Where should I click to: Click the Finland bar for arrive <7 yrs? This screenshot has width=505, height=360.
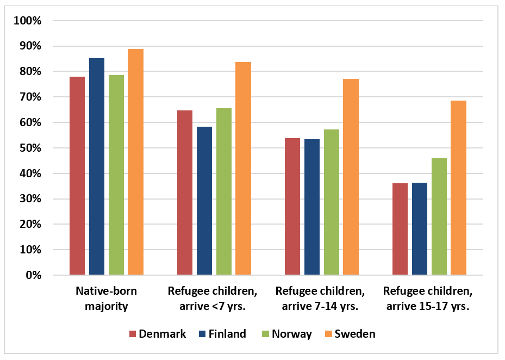point(204,201)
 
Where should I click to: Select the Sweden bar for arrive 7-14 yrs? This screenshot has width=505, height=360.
point(351,177)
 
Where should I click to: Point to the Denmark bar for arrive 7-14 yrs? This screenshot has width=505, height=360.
point(292,207)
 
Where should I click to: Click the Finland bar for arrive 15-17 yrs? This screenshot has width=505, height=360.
point(420,229)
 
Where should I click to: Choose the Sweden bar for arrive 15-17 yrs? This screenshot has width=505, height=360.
point(458,188)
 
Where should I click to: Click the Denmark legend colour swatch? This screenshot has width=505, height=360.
point(132,334)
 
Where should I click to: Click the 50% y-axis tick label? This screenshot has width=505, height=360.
point(30,148)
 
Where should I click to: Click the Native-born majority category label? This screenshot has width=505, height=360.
point(106,299)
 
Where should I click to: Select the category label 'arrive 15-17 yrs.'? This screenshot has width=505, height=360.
point(428,299)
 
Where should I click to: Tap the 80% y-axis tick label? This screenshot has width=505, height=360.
point(30,72)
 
